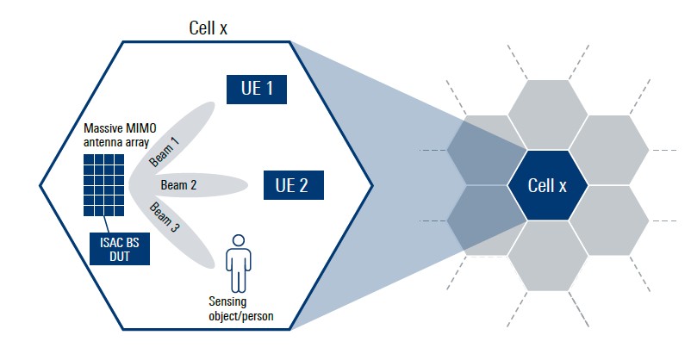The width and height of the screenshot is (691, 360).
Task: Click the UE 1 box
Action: pos(256,89)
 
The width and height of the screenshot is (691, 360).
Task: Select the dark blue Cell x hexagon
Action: pos(548,185)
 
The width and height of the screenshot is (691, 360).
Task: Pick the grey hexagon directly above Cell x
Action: pos(548,113)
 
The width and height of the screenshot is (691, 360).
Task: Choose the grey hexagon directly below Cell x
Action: pos(548,258)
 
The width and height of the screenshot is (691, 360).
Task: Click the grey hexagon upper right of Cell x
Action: pos(610,149)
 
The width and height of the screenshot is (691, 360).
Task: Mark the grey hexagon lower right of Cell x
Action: pos(610,221)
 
